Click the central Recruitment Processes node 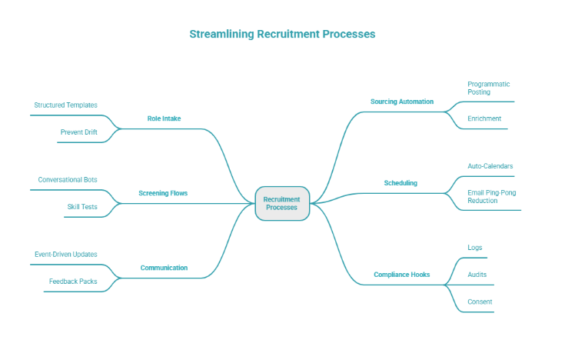(x=281, y=203)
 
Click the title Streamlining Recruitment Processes (x=282, y=35)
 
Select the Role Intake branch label (x=164, y=118)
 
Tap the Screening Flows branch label (x=163, y=193)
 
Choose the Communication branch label (x=164, y=268)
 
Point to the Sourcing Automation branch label (x=401, y=102)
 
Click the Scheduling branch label (x=400, y=183)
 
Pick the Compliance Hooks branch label (x=401, y=275)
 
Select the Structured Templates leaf (x=65, y=105)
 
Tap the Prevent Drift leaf (x=78, y=132)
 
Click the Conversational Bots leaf (x=68, y=179)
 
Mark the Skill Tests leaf (x=81, y=207)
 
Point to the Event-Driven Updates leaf (x=65, y=254)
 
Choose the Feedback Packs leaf (x=73, y=282)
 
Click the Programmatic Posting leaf (x=488, y=88)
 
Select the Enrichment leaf (x=484, y=118)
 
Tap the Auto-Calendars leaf (x=490, y=166)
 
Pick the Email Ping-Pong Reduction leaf (x=493, y=196)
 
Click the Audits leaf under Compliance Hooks (x=477, y=275)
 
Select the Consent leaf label (x=480, y=302)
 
